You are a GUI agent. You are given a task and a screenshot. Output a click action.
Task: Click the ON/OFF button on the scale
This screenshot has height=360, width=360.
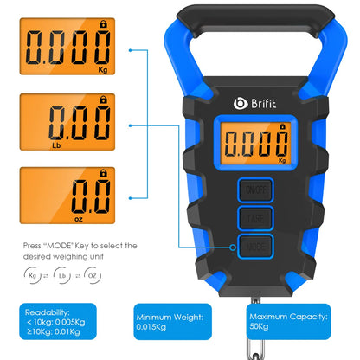click(x=255, y=190)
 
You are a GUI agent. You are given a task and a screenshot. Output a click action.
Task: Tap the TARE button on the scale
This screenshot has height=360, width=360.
click(x=255, y=218)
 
